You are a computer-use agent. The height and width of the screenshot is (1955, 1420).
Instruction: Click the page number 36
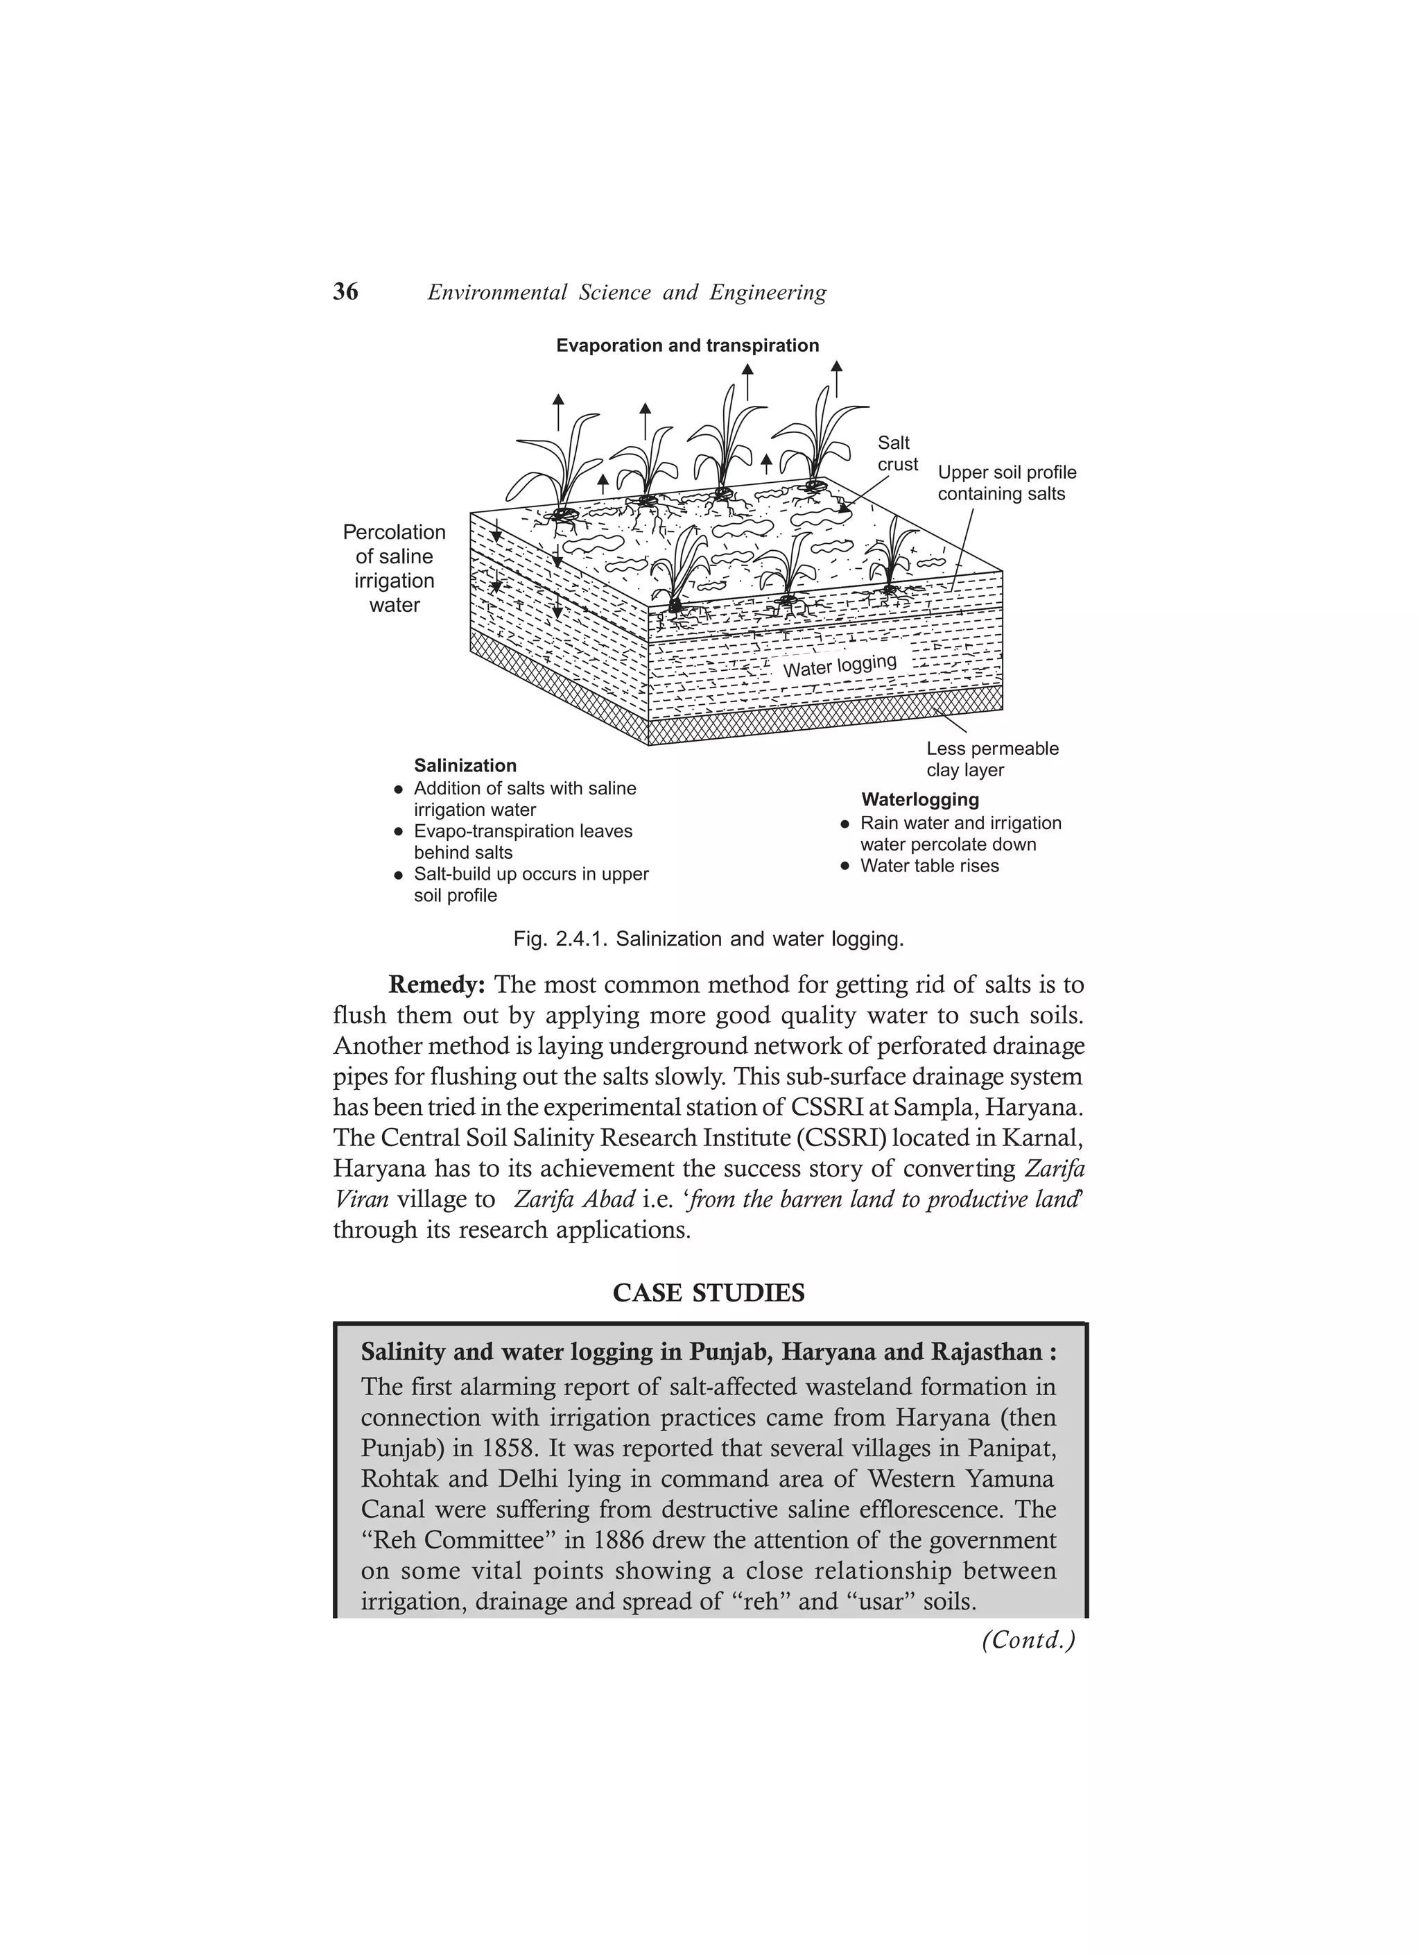point(345,292)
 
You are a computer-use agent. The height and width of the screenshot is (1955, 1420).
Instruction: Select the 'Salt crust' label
point(897,454)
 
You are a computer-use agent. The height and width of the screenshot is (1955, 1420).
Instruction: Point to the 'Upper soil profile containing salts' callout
point(1006,484)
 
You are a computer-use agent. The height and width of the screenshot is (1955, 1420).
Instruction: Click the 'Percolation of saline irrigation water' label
point(395,568)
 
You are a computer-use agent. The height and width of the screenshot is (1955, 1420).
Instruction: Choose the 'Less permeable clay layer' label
point(992,760)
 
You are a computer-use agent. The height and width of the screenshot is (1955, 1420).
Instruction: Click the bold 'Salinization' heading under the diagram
point(465,765)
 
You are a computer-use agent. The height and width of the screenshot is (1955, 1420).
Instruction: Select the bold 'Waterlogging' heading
point(919,800)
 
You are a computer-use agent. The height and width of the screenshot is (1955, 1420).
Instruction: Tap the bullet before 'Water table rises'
point(845,866)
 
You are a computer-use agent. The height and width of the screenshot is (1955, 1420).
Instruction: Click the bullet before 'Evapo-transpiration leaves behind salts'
point(398,833)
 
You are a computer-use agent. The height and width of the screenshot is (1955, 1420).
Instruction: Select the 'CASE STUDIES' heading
point(709,1293)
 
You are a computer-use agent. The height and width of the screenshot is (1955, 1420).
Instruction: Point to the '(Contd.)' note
point(1028,1639)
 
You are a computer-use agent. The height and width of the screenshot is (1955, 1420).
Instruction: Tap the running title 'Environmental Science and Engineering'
point(626,293)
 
